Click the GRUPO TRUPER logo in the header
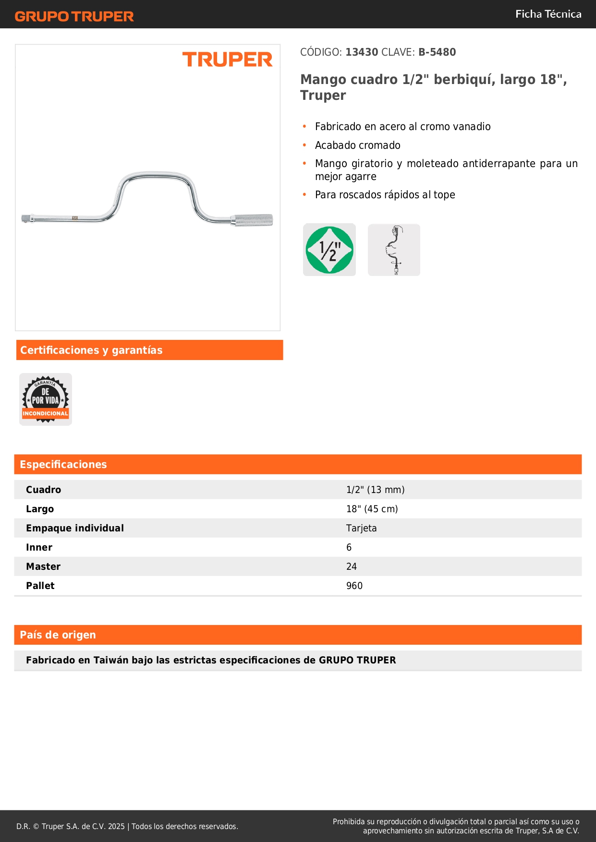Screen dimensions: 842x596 (74, 16)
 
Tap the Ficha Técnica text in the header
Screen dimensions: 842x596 (548, 14)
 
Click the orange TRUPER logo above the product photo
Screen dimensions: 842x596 (227, 60)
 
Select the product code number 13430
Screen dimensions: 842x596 (362, 52)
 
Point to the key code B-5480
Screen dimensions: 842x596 (437, 52)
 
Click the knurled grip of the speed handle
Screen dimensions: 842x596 (253, 220)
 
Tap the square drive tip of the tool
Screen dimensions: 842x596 (25, 219)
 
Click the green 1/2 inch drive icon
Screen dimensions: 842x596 (329, 250)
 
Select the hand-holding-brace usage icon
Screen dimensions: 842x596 (394, 250)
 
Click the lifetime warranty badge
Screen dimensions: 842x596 (46, 399)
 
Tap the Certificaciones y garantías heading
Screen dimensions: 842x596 (91, 350)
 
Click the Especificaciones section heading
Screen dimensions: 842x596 (63, 464)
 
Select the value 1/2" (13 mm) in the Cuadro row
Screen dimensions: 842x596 (375, 490)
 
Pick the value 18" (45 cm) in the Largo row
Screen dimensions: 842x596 (372, 509)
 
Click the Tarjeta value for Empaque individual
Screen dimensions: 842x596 (361, 528)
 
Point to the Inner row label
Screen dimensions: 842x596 (39, 547)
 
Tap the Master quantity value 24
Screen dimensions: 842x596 (352, 566)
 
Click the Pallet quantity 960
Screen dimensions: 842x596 (354, 586)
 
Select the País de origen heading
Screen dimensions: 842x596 (58, 635)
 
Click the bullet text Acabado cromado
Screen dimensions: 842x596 (357, 145)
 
